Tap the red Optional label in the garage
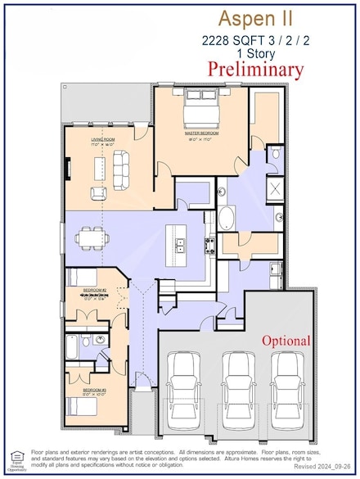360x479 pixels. click(286, 340)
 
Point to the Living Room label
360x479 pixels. click(102, 140)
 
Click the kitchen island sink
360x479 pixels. click(180, 242)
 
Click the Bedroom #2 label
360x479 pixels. click(90, 291)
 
